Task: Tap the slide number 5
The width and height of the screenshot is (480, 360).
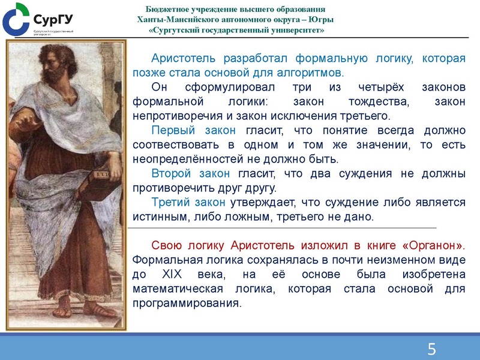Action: [x=431, y=349]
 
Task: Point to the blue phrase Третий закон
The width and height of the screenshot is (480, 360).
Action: [x=188, y=203]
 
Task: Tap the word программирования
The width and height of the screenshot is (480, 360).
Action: [x=186, y=304]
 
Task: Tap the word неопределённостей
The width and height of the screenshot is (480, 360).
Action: [x=180, y=160]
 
